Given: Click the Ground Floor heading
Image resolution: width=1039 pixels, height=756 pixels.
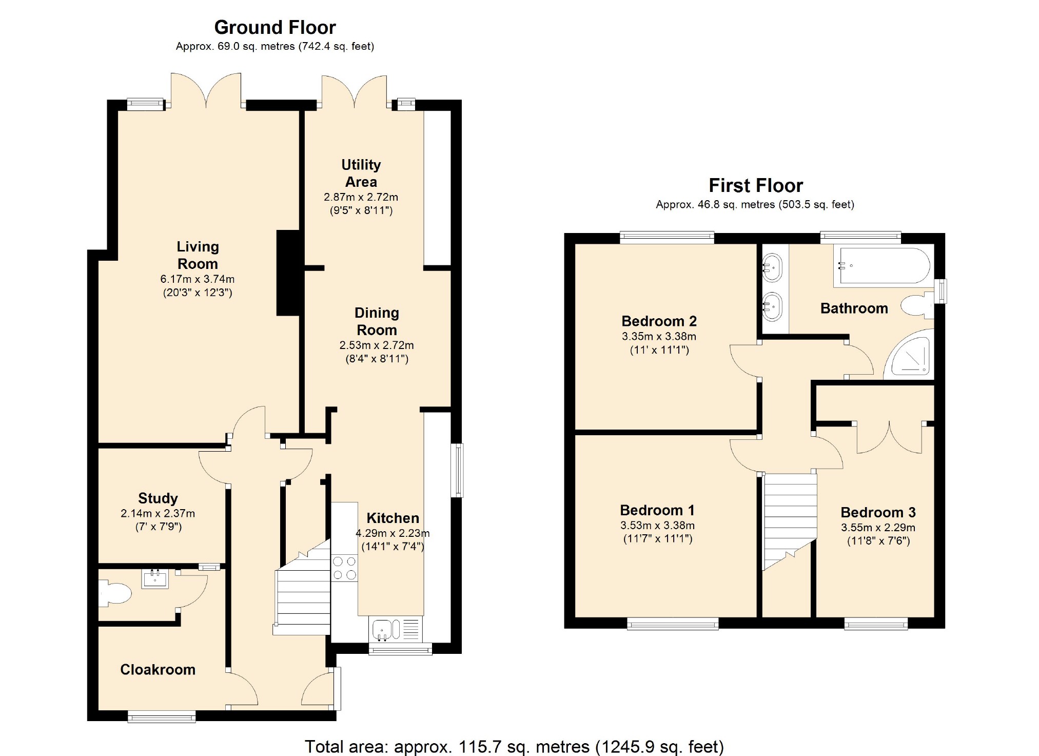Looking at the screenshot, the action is (x=275, y=27).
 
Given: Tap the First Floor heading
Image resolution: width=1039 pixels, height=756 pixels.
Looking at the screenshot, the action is (x=756, y=185).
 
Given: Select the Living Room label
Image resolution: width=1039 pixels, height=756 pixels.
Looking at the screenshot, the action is (x=198, y=255).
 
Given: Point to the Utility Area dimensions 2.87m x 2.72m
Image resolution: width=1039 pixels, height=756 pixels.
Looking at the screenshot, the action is (x=361, y=197).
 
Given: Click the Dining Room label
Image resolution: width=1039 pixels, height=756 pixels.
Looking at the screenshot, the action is (x=377, y=321).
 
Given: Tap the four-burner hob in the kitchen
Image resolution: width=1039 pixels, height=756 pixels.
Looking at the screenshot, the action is (x=344, y=568).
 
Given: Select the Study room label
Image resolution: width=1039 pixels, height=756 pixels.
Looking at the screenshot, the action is (x=158, y=498).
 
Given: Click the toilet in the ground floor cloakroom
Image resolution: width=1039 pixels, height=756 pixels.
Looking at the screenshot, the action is (x=115, y=594).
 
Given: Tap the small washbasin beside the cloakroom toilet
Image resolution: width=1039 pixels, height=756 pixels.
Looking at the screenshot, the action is (x=155, y=579).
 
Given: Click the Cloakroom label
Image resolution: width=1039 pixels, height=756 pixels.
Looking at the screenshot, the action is (x=158, y=670).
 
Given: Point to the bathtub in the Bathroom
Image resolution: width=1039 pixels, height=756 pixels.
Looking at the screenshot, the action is (x=881, y=266).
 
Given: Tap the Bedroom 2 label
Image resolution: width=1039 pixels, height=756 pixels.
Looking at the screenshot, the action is (x=659, y=321).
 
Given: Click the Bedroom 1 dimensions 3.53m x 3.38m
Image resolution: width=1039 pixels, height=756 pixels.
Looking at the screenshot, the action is (x=657, y=526).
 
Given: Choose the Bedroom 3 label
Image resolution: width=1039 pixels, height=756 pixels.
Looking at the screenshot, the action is (x=878, y=512).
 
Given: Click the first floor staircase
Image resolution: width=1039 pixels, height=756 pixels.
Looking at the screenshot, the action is (x=790, y=521).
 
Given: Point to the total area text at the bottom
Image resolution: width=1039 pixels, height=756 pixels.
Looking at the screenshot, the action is (x=514, y=746).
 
